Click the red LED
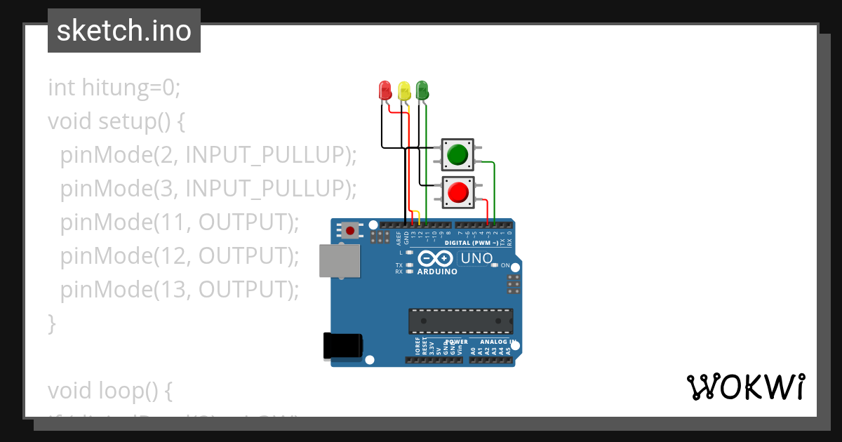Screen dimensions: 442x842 pyautogui.click(x=385, y=91)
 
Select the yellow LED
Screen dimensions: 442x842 pyautogui.click(x=403, y=91)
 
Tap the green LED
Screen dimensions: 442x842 pyautogui.click(x=422, y=90)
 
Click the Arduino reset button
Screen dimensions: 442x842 pyautogui.click(x=349, y=229)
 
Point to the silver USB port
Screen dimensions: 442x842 pyautogui.click(x=340, y=260)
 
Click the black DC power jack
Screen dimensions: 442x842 pyautogui.click(x=342, y=347)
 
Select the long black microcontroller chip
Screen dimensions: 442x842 pyautogui.click(x=460, y=321)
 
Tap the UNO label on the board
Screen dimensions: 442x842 pyautogui.click(x=476, y=258)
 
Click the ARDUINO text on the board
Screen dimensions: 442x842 pyautogui.click(x=437, y=272)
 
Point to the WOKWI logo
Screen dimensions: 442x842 pyautogui.click(x=745, y=387)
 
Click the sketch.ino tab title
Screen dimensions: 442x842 pyautogui.click(x=124, y=31)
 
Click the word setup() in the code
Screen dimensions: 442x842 pyautogui.click(x=133, y=121)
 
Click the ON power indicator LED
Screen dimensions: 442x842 pyautogui.click(x=495, y=265)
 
